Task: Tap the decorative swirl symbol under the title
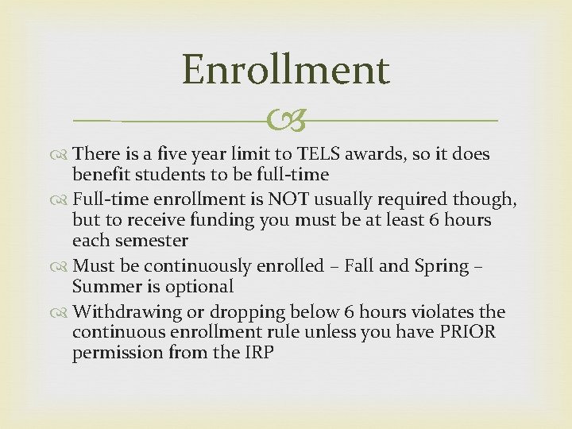pos(285,121)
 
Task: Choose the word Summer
pos(106,287)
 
